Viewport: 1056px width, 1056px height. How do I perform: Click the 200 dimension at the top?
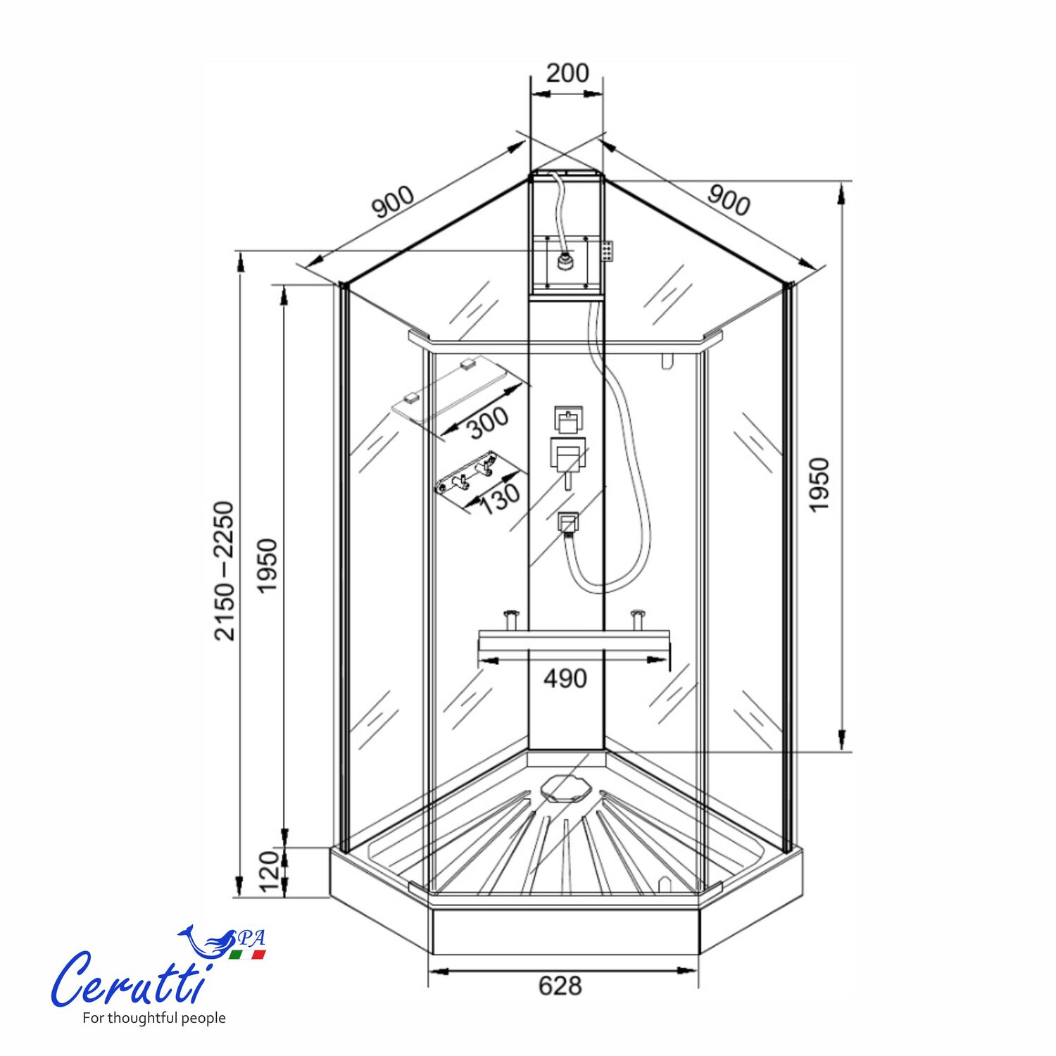[567, 73]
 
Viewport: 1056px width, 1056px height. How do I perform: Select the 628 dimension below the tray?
[560, 986]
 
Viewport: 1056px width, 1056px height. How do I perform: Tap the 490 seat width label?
[565, 679]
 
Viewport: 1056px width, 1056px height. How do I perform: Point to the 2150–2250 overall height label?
[225, 570]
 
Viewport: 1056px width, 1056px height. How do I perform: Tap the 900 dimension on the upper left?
[394, 203]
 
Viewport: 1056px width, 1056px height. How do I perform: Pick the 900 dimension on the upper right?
[729, 201]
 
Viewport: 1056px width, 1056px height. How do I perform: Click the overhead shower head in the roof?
[564, 262]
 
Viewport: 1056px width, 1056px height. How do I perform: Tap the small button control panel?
[607, 251]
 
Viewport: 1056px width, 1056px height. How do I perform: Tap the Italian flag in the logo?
[247, 955]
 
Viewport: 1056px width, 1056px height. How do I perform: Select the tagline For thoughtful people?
[154, 1018]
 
